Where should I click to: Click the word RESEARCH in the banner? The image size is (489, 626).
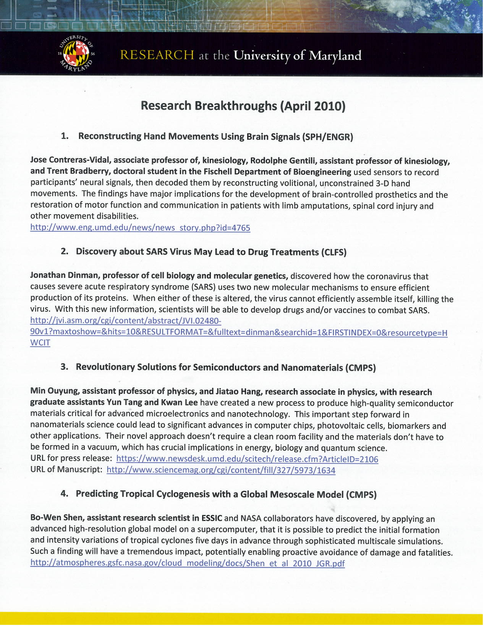pyautogui.click(x=157, y=55)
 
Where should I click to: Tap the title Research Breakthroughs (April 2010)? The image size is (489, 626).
pyautogui.click(x=243, y=106)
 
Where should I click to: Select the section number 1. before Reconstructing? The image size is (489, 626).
pyautogui.click(x=65, y=136)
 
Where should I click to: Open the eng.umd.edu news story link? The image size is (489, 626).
pyautogui.click(x=140, y=228)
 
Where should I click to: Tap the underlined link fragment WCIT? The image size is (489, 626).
pyautogui.click(x=40, y=342)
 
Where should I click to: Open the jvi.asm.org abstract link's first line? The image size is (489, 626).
pyautogui.click(x=126, y=321)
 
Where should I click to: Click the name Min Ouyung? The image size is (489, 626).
pyautogui.click(x=54, y=391)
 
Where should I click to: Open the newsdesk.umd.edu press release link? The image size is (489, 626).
pyautogui.click(x=247, y=459)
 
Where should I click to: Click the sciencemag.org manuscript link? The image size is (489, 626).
pyautogui.click(x=221, y=470)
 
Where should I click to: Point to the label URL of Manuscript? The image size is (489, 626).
pyautogui.click(x=66, y=469)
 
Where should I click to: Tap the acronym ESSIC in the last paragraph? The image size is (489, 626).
pyautogui.click(x=212, y=518)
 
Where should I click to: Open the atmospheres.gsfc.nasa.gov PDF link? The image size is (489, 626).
pyautogui.click(x=187, y=563)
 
